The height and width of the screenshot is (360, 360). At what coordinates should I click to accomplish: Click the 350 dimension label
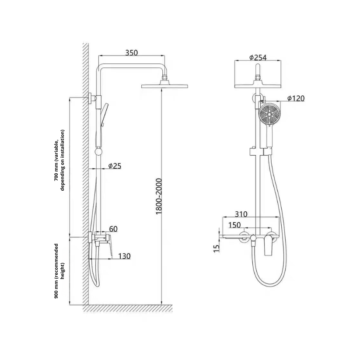tap(132, 52)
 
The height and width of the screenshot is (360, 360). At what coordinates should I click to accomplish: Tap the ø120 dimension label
tap(296, 98)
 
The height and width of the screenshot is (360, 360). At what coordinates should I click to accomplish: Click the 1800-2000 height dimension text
tap(159, 196)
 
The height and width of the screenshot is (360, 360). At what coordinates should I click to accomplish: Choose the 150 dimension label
tap(235, 225)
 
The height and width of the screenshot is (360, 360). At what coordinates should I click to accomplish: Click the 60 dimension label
tap(113, 229)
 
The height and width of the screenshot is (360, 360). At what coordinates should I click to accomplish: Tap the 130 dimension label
tap(123, 256)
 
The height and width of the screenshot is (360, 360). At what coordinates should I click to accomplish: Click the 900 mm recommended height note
tap(59, 271)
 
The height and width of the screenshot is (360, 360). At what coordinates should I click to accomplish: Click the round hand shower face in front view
tap(269, 115)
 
